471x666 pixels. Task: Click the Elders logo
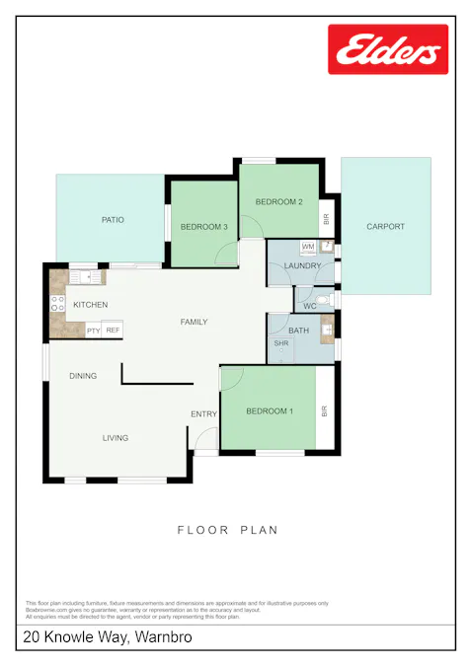point(387,49)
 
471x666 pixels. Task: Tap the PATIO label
point(113,219)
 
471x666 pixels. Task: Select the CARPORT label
point(385,227)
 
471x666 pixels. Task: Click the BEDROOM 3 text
point(204,227)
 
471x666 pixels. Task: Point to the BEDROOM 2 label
point(278,202)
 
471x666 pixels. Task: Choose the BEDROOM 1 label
point(270,410)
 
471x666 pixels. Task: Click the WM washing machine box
point(307,246)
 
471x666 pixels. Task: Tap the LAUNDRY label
point(302,266)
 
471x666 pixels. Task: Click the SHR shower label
point(280,343)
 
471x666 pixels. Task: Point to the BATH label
point(298,330)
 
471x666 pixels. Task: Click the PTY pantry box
point(94,331)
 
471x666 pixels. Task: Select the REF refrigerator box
point(113,331)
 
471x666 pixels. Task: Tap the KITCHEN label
point(90,305)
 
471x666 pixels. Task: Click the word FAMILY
point(193,323)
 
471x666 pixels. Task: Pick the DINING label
point(83,376)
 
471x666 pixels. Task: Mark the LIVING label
point(116,437)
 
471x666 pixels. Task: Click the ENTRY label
point(203,414)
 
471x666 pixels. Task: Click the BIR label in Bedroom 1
point(324,410)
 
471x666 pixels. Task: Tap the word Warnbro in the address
point(164,638)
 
